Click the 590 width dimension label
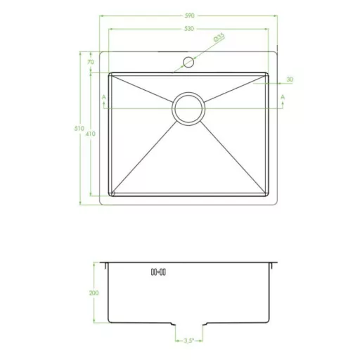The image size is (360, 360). [189, 15]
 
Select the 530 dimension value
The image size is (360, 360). [189, 29]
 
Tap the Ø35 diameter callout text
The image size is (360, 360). [219, 37]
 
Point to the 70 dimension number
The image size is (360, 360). [91, 62]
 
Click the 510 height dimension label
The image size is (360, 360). [79, 129]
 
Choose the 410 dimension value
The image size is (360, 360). [91, 134]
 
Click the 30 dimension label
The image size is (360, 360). [290, 79]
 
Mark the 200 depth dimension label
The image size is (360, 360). [94, 292]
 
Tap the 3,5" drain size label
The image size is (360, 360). [188, 341]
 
